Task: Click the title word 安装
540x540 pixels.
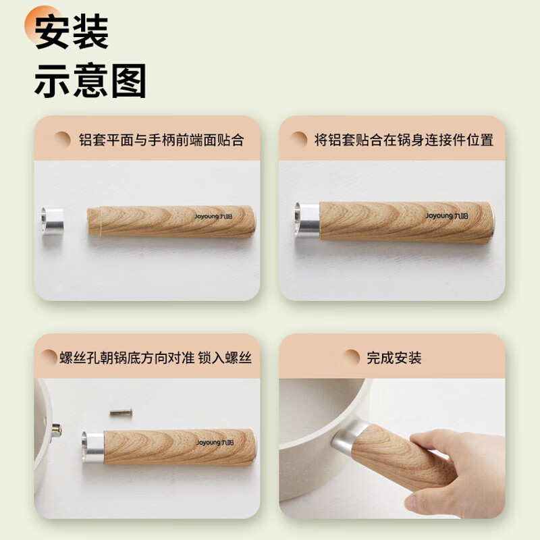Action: pyautogui.click(x=72, y=32)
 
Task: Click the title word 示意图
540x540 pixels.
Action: pyautogui.click(x=90, y=82)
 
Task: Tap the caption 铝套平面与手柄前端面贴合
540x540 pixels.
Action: pyautogui.click(x=161, y=140)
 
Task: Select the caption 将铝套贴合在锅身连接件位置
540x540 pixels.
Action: pyautogui.click(x=404, y=140)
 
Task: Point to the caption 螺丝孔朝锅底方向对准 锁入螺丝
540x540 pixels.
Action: pyautogui.click(x=155, y=358)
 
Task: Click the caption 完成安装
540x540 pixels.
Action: pyautogui.click(x=394, y=358)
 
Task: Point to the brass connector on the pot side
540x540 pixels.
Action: pyautogui.click(x=57, y=429)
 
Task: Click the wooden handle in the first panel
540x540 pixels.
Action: pyautogui.click(x=172, y=220)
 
